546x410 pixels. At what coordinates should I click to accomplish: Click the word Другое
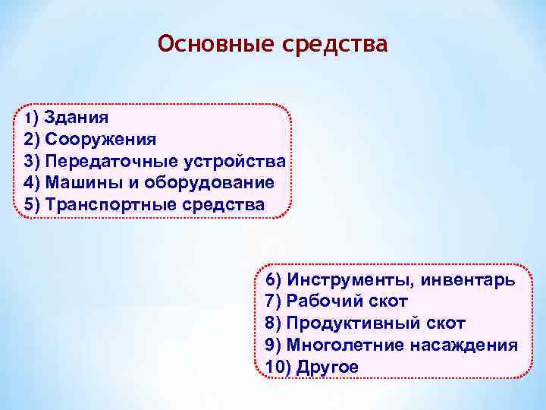click(x=328, y=367)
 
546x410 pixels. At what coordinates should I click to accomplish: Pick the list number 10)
click(x=278, y=367)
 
